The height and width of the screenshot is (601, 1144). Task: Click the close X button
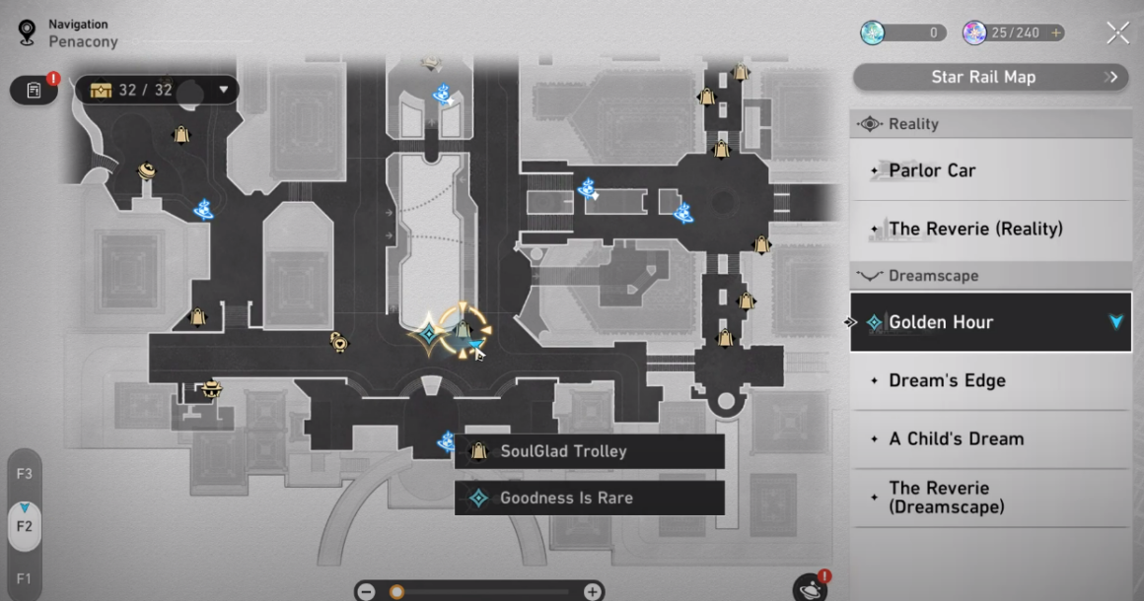point(1117,33)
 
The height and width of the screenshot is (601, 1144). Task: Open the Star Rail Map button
point(991,77)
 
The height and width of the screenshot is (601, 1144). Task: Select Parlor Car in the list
point(991,170)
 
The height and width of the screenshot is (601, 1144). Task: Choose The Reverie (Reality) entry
point(991,229)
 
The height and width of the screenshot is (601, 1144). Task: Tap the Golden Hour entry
point(991,322)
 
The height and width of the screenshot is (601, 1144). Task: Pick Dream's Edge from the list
point(991,380)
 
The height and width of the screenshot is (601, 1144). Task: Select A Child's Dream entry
point(991,438)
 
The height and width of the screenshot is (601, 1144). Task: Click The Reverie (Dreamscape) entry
point(991,498)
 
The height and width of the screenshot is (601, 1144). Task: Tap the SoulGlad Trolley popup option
point(590,451)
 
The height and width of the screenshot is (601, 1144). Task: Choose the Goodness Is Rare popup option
point(590,499)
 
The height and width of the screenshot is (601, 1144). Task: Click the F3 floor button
point(24,474)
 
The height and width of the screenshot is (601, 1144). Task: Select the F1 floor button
point(24,578)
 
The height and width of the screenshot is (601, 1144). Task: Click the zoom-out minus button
point(366,591)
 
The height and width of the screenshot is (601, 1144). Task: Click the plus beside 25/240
point(1055,33)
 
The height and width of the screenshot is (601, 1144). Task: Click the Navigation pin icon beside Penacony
point(27,33)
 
